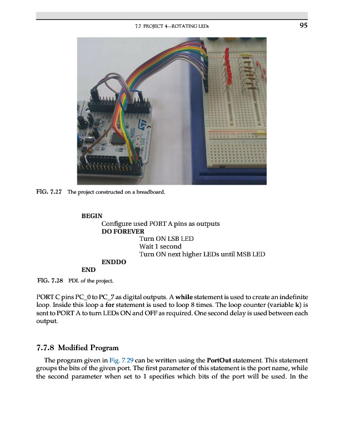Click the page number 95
(x=303, y=25)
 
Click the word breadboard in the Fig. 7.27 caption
(x=149, y=193)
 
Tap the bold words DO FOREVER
(x=123, y=231)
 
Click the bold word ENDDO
(x=114, y=262)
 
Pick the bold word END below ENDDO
(x=88, y=270)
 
